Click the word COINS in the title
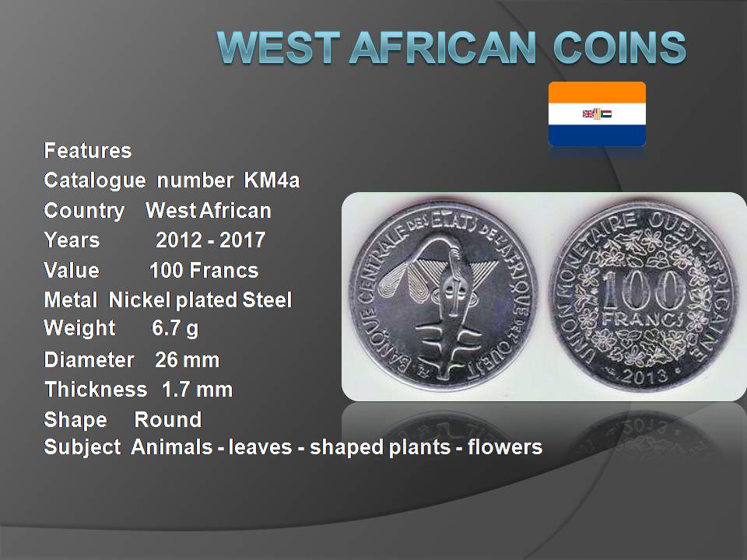[619, 47]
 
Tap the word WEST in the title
[279, 47]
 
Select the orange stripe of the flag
[597, 93]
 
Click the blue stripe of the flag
[597, 135]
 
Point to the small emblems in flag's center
[597, 114]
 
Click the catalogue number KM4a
[272, 180]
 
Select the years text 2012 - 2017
[211, 240]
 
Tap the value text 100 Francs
[204, 271]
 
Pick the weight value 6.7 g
[175, 328]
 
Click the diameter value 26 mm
[188, 360]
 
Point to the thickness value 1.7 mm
[197, 390]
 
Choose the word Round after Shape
[168, 419]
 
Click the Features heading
[88, 150]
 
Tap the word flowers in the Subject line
[504, 447]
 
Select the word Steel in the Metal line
[267, 300]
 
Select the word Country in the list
[84, 211]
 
